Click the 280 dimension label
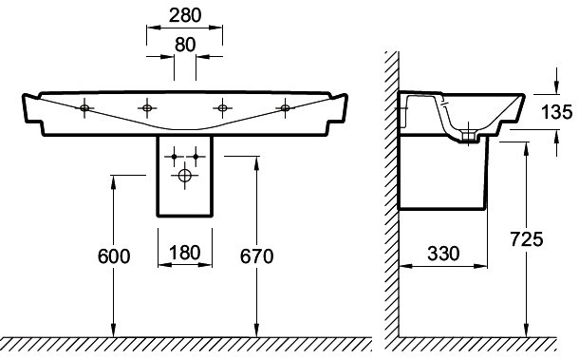point(185,17)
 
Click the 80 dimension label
point(185,44)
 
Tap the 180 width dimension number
point(185,255)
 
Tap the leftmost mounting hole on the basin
point(84,108)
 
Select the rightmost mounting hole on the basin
point(285,108)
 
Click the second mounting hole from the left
point(147,107)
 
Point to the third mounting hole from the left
point(222,107)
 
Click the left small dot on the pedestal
point(174,155)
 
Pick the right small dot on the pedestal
point(196,155)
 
